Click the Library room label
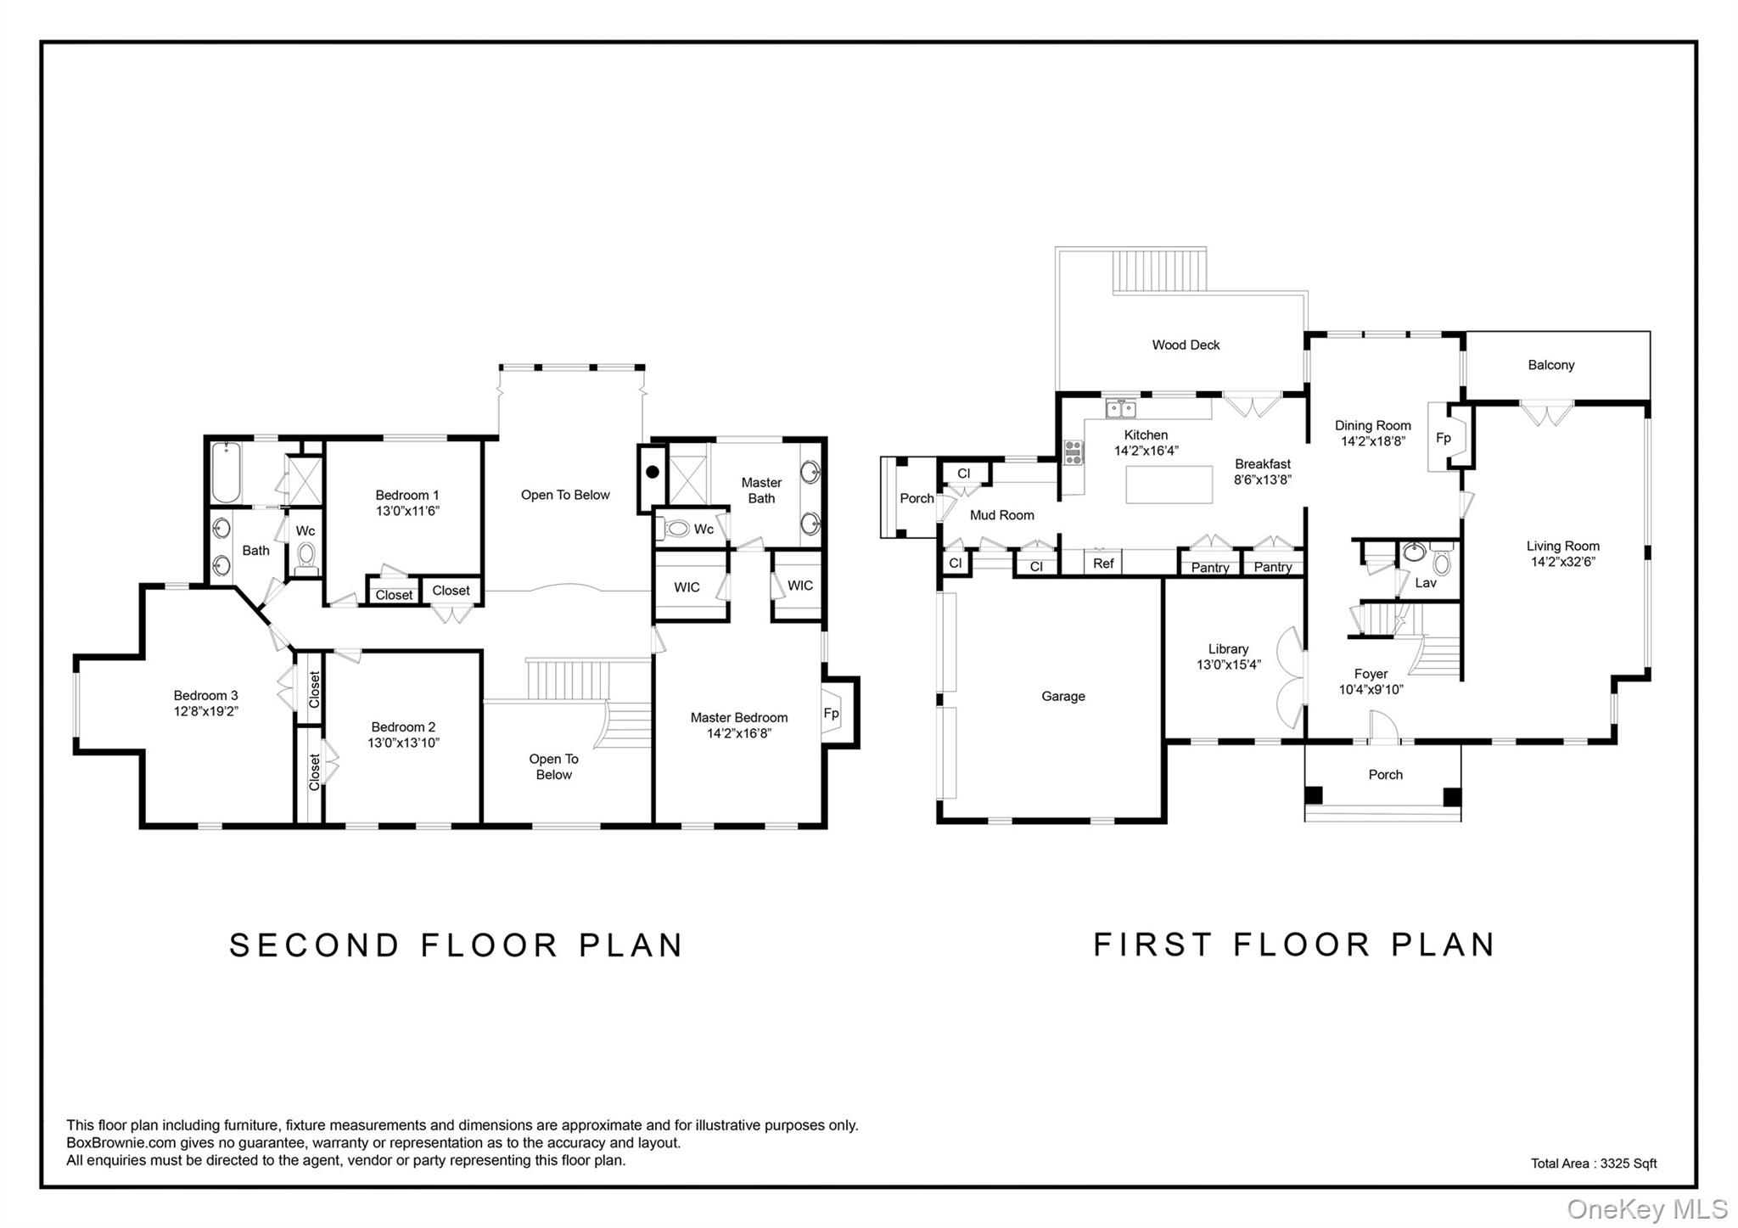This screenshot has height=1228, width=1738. pos(1228,649)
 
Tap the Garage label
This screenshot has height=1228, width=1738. pos(1063,697)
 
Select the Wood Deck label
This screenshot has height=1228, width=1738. pos(1186,345)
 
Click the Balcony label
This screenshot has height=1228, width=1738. pos(1550,365)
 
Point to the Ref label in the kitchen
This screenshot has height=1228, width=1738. pos(1103,564)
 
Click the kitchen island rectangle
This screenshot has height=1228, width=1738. pos(1169,485)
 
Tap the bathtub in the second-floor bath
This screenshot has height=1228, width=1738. pos(227,473)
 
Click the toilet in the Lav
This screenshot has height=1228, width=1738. pos(1441,561)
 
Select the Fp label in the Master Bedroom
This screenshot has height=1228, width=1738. pos(831,714)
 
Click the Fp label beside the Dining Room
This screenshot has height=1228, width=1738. pos(1443,439)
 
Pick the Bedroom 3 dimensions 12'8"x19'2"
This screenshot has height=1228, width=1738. pos(205,712)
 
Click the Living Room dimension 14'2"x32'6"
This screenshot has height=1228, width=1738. pos(1562,562)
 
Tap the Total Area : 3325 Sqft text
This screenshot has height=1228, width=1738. pos(1593,1164)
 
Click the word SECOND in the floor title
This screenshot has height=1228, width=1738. pos(314,945)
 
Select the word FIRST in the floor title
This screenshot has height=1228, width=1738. pos(1152,945)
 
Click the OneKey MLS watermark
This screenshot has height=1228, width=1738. pos(1646,1208)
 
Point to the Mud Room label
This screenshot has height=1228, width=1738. pos(1001,515)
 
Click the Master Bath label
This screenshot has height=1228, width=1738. pos(761,491)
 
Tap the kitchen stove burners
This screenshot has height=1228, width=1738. pos(1074,452)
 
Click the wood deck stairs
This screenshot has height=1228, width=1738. pos(1159,270)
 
